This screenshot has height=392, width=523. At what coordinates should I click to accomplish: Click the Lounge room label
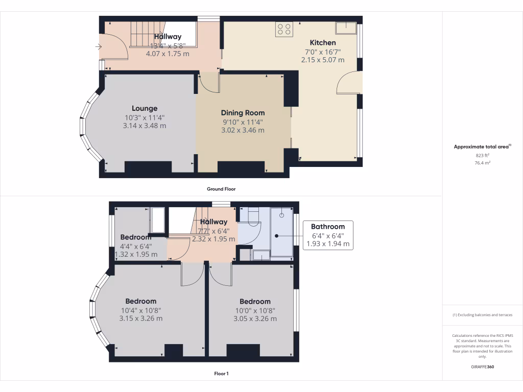[145, 108]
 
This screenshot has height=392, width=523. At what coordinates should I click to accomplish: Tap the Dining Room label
[243, 113]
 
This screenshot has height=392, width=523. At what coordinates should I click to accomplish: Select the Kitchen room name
[323, 42]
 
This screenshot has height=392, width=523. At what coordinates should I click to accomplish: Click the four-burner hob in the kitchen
[284, 29]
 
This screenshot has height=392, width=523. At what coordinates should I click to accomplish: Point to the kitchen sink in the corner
[346, 27]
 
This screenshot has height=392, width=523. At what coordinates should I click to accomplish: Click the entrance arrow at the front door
[98, 47]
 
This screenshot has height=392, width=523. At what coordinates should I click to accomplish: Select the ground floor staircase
[148, 34]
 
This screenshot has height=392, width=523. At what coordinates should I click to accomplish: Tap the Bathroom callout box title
[328, 227]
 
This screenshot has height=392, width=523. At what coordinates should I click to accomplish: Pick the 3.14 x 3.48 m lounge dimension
[145, 126]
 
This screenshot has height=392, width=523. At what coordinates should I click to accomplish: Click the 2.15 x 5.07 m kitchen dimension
[323, 60]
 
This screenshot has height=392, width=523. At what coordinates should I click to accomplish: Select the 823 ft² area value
[482, 155]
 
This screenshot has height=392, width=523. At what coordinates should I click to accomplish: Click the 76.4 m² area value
[482, 163]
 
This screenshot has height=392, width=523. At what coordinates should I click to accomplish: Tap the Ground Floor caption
[221, 189]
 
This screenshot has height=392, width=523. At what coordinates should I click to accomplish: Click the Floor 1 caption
[221, 374]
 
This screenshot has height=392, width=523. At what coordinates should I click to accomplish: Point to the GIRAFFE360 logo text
[482, 366]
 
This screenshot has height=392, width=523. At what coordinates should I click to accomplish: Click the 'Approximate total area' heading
[481, 147]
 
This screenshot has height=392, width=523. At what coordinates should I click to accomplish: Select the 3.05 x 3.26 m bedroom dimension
[255, 318]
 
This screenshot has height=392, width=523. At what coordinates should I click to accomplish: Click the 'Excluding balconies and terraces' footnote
[482, 315]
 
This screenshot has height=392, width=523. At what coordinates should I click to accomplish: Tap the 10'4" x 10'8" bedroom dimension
[141, 310]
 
